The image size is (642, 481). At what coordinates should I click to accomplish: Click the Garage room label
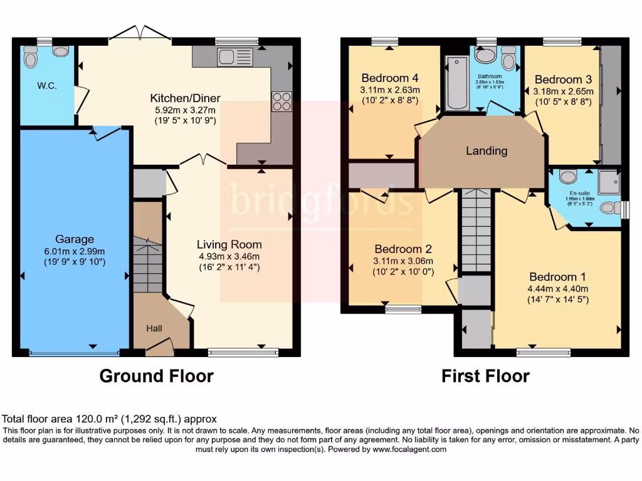click(x=75, y=239)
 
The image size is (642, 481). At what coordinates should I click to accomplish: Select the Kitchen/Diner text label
click(x=185, y=98)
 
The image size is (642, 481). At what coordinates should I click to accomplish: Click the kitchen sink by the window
click(x=234, y=57)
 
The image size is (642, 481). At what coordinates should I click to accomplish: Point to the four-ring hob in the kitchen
click(x=282, y=101)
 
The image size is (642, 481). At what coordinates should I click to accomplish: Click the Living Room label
click(x=229, y=244)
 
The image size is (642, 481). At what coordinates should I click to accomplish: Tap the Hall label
click(x=154, y=328)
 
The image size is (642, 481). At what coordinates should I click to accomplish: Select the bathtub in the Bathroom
click(x=453, y=81)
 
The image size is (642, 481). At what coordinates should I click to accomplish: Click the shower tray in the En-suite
click(x=608, y=182)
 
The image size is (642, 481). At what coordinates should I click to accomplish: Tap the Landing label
click(x=487, y=151)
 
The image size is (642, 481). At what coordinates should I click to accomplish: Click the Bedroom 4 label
click(x=390, y=78)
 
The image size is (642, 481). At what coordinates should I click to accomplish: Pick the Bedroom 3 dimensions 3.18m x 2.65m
click(x=563, y=91)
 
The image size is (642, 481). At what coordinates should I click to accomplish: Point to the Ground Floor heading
click(x=157, y=376)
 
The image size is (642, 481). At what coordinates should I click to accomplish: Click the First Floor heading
click(x=485, y=376)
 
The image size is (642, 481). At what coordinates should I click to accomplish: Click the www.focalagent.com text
click(x=409, y=449)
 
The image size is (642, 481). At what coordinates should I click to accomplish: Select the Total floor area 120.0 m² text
click(x=110, y=420)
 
